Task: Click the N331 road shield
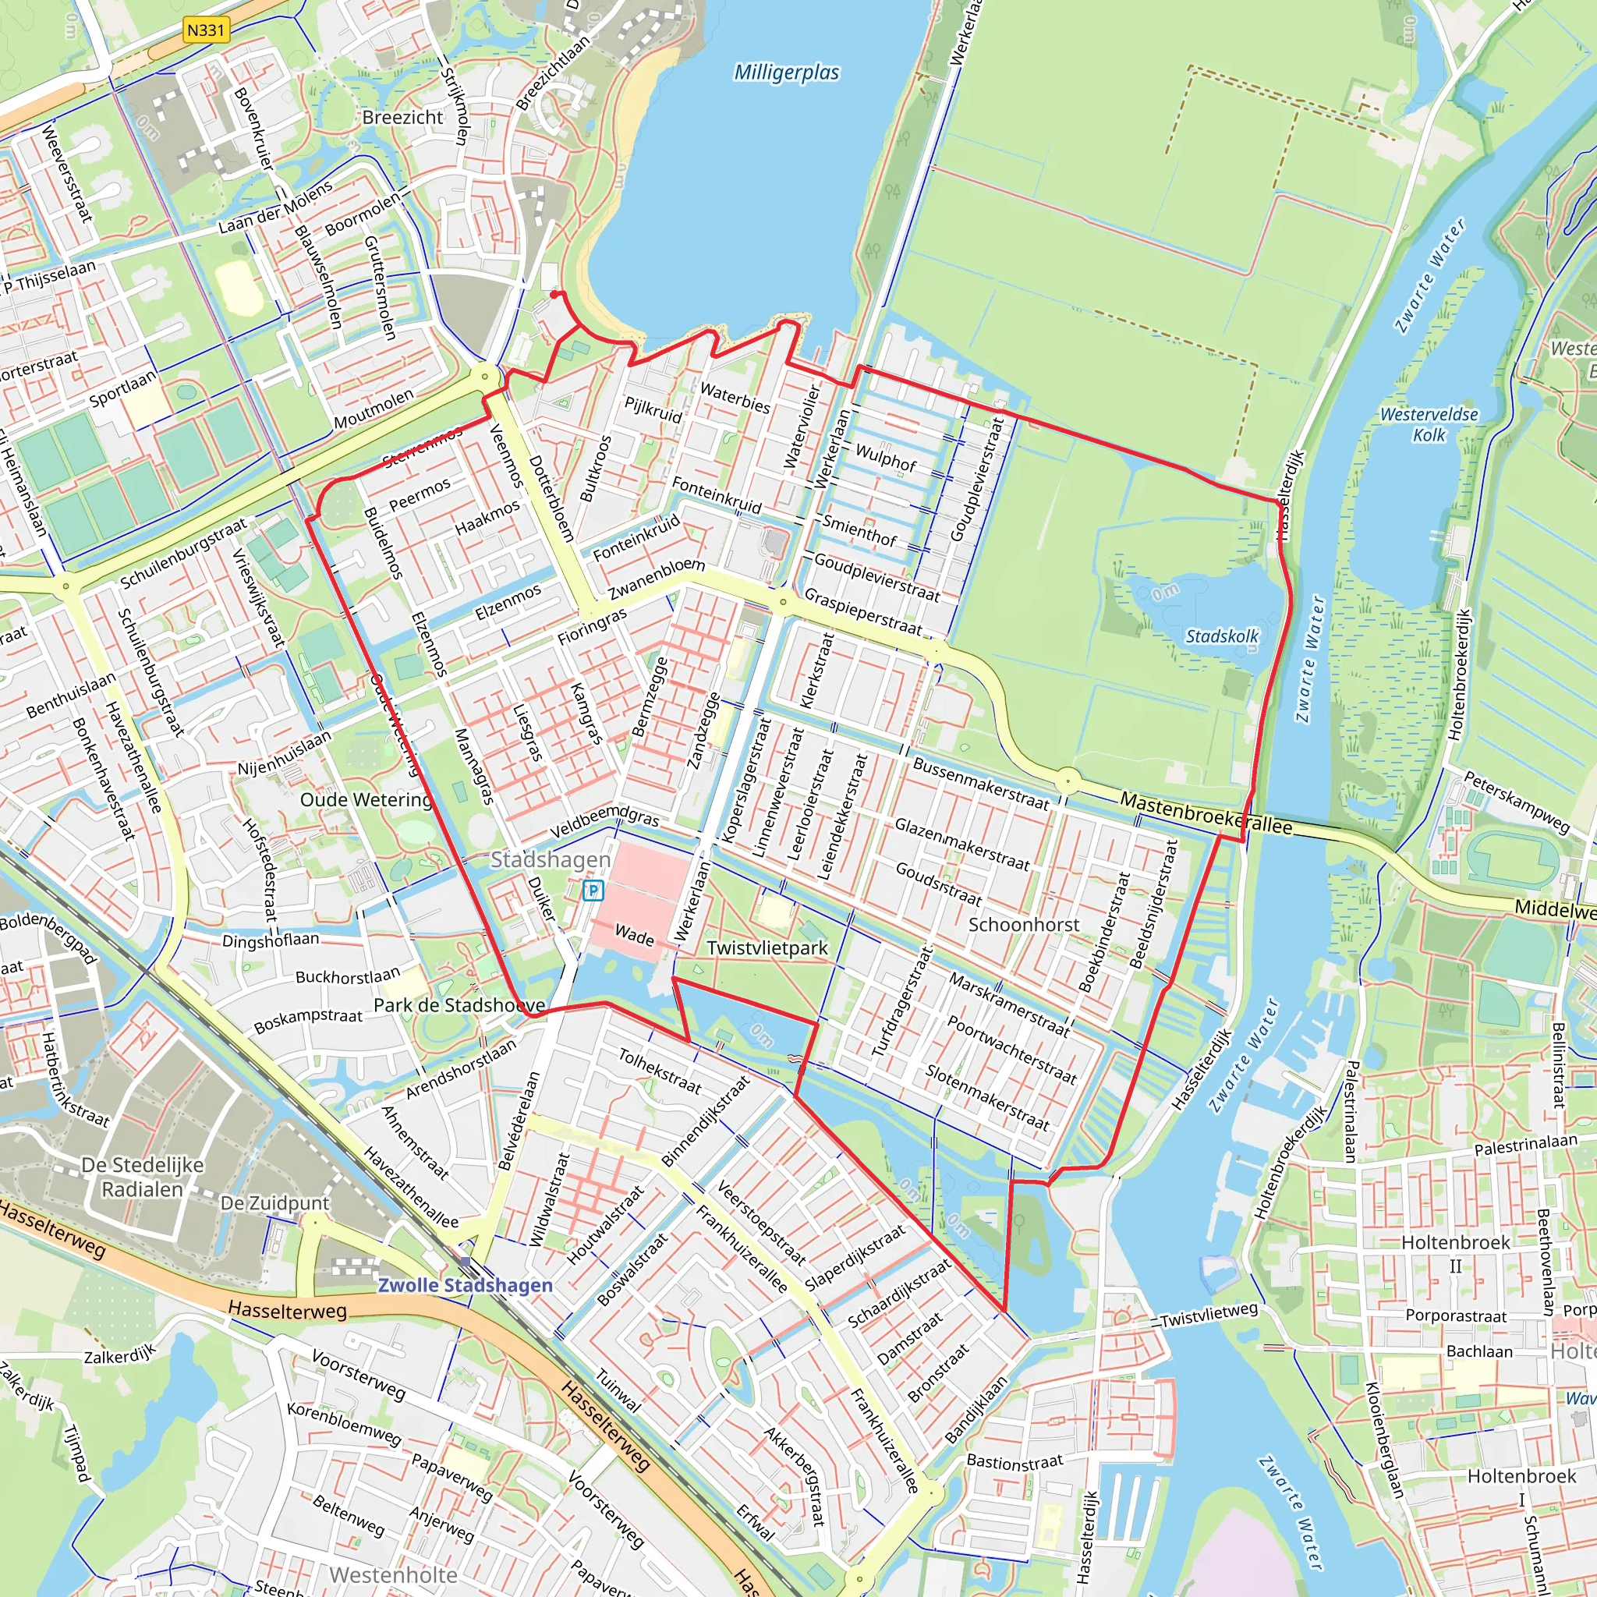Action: pos(206,30)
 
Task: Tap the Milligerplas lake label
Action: pos(786,73)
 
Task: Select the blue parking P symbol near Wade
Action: pos(593,891)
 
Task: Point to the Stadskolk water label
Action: pos(1222,636)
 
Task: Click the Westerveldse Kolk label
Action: pos(1429,424)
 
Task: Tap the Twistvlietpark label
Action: pos(767,948)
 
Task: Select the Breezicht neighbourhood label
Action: pos(402,118)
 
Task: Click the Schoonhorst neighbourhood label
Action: pos(1023,924)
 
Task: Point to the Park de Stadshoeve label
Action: pos(459,1005)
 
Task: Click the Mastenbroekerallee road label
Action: pos(1206,813)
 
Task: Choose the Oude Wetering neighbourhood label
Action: pos(366,799)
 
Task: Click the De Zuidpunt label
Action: pos(274,1202)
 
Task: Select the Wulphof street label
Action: pos(885,457)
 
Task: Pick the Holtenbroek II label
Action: pos(1456,1254)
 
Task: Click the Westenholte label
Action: pos(394,1574)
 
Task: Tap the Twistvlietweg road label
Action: pos(1209,1314)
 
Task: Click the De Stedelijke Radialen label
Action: pos(142,1177)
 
